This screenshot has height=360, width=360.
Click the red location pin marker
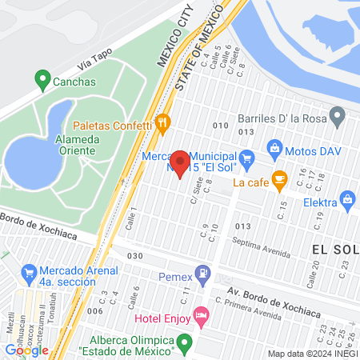click(x=181, y=163)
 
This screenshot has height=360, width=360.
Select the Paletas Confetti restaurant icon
click(x=163, y=122)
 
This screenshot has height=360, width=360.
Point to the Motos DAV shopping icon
click(x=274, y=147)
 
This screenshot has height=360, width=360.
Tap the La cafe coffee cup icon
click(x=278, y=178)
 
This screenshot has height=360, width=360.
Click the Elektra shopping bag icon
click(x=346, y=198)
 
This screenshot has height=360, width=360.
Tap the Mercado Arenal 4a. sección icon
click(x=29, y=271)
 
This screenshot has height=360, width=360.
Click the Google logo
click(x=26, y=350)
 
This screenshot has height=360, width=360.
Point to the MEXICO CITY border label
click(x=176, y=36)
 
